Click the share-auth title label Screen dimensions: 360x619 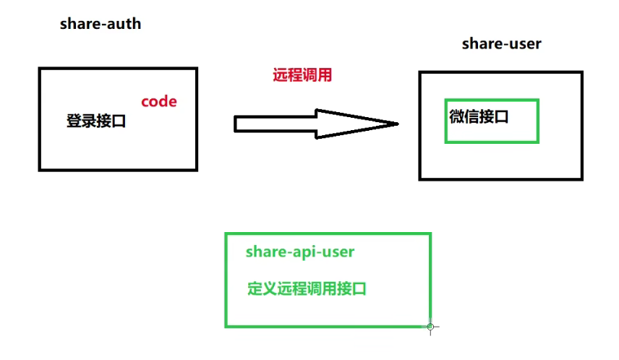point(100,24)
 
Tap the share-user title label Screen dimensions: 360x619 point(501,44)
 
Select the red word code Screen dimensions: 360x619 point(158,101)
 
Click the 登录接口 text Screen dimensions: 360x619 point(96,121)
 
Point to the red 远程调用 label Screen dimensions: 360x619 point(302,74)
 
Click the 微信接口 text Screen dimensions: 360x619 point(479,116)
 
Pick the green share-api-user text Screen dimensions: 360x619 point(300,252)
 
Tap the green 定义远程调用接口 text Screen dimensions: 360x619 point(307,288)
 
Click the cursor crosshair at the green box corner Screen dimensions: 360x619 point(430,327)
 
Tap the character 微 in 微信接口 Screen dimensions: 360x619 point(456,116)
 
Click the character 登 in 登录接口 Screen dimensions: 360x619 point(74,121)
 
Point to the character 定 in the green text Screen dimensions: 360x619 point(255,288)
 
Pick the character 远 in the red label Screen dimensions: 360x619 point(280,74)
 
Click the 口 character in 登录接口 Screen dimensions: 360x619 point(119,121)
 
